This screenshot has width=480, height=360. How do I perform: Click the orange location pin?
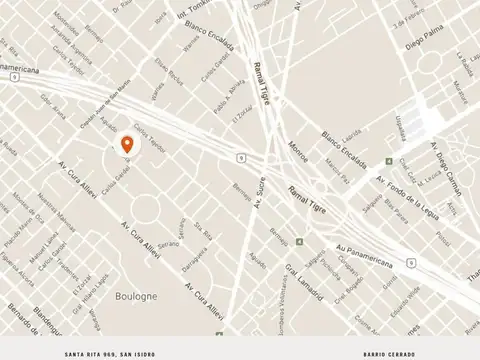(x=127, y=146)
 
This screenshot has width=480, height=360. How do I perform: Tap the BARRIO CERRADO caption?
(x=387, y=354)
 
